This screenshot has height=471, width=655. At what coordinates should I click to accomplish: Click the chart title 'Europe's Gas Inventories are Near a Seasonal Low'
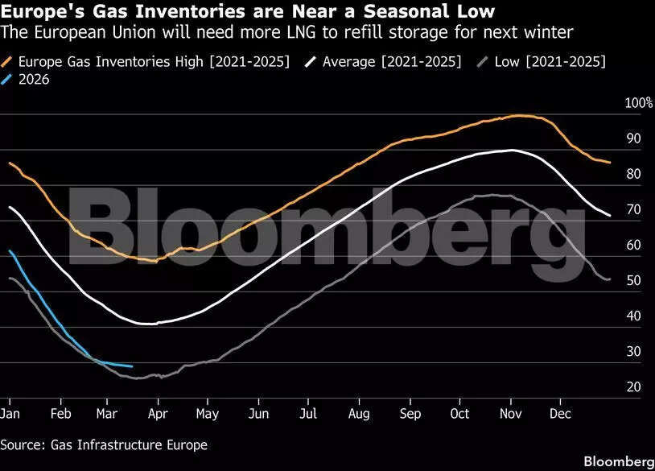pos(248,12)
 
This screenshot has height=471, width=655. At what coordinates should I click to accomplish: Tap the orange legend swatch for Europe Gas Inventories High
pos(8,61)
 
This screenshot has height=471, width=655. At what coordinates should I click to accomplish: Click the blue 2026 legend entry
pos(33,79)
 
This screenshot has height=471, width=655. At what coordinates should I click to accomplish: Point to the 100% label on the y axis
pos(639,103)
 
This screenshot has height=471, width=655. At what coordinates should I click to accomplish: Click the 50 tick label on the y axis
pos(633,280)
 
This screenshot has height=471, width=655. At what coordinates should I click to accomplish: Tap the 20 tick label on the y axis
pos(633,387)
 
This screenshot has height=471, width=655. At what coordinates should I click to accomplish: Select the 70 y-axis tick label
pos(633,209)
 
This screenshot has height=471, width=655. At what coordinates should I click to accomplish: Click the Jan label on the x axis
pos(10,414)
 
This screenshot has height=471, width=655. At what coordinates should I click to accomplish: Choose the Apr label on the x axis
pos(158,414)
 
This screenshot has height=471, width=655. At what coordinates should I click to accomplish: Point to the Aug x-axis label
pos(358,414)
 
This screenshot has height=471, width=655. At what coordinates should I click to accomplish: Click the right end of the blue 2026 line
pos(131,366)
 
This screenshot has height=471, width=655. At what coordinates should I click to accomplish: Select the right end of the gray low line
pos(609,279)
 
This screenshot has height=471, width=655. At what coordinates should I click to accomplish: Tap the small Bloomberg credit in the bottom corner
pos(619,461)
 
